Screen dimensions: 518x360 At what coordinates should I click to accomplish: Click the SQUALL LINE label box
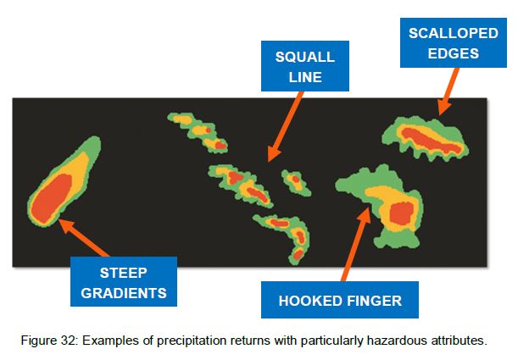(x=305, y=66)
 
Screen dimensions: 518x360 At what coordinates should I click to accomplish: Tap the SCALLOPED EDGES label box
(x=454, y=43)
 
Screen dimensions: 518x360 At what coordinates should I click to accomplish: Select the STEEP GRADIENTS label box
(x=124, y=281)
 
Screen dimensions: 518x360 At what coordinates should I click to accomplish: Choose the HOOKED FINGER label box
(x=340, y=300)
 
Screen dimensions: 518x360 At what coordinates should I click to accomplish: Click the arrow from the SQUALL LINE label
(x=285, y=127)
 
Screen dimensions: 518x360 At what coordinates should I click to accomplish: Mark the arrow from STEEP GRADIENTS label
(x=83, y=237)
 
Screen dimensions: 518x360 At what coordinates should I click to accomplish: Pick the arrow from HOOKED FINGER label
(x=356, y=244)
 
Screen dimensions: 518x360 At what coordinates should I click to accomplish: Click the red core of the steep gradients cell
(x=52, y=198)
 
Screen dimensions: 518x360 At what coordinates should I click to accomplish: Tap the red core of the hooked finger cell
(x=401, y=213)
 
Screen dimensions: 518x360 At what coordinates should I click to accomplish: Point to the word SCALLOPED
(x=454, y=33)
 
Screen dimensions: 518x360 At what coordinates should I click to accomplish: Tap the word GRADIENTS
(x=124, y=293)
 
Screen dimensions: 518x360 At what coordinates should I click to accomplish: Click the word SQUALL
(x=305, y=57)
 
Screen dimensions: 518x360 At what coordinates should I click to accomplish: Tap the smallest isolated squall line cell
(x=296, y=182)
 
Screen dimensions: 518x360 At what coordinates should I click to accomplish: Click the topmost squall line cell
(x=198, y=132)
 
